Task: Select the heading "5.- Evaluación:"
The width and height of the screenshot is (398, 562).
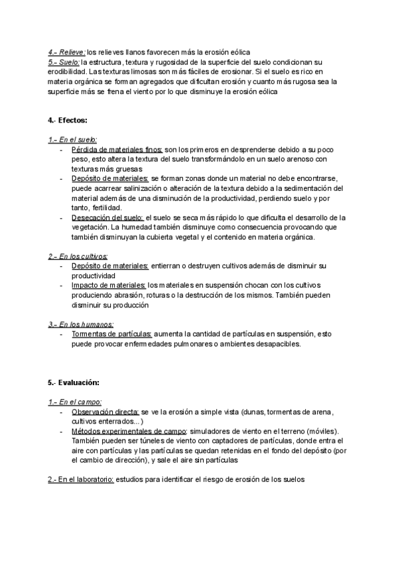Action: point(73,382)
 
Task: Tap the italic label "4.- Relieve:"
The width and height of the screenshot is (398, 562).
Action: point(67,52)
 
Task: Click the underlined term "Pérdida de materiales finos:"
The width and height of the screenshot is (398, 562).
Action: point(117,150)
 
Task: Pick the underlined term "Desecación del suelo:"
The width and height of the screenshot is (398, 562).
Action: point(107,217)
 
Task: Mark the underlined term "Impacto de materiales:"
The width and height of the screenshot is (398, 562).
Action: point(109,286)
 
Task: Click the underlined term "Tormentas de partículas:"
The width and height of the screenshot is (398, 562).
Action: point(112,334)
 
